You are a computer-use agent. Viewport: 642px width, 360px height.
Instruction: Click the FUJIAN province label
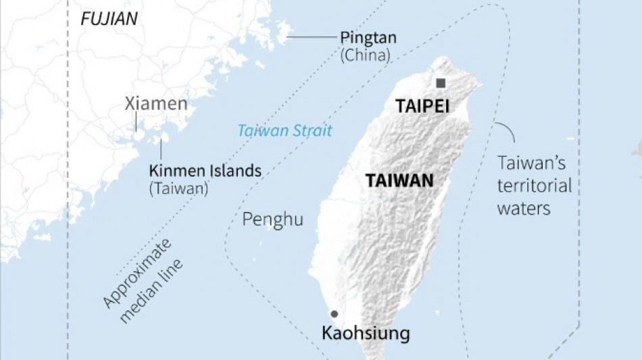pos(109,19)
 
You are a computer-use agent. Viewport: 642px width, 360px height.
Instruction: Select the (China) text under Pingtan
pos(366,55)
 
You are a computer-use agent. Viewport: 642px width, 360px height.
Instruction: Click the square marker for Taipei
pos(441,83)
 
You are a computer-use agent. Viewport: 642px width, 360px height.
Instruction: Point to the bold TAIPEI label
pos(422,107)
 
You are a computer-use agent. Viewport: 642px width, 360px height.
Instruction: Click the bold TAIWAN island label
pos(399,181)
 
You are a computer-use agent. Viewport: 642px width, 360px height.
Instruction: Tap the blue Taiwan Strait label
pos(285,131)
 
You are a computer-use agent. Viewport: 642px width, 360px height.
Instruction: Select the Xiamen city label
pos(156,103)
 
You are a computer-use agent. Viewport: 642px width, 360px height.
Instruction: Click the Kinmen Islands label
pos(205,171)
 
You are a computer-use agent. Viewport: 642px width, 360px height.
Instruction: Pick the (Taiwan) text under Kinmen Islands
pos(178,188)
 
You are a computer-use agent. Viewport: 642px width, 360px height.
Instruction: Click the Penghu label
pos(272,220)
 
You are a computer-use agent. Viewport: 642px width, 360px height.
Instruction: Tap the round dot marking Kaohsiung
pos(333,313)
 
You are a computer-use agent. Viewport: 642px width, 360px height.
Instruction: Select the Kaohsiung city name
pos(366,333)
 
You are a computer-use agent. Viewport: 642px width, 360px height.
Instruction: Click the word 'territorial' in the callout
pos(535,186)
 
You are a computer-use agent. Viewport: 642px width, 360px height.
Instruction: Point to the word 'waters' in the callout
pos(524,208)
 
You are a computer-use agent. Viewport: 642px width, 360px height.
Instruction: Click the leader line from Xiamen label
pos(136,122)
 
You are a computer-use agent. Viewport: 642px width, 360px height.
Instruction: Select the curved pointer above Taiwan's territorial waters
pos(505,132)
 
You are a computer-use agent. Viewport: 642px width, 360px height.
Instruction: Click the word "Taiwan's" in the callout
pos(531,163)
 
